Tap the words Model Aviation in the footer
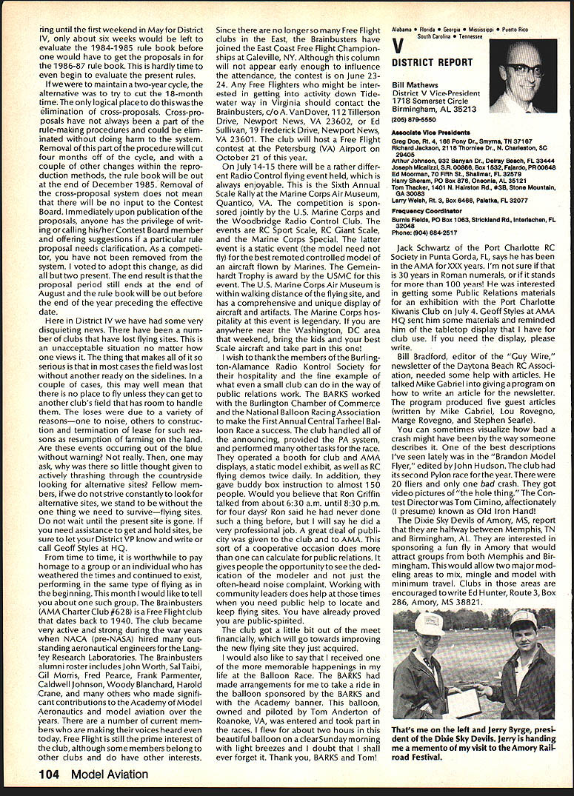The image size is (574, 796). [110, 774]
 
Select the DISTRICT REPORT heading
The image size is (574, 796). [432, 62]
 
